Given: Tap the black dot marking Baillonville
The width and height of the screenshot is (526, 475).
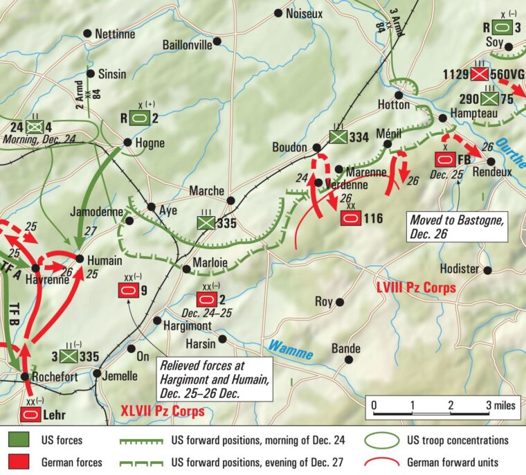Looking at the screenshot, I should tap(217, 42).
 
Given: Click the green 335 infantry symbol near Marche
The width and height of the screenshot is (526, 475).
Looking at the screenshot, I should tap(205, 223).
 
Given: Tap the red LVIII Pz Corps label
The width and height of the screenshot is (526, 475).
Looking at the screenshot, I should tap(415, 287).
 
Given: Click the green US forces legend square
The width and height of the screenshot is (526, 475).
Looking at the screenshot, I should tap(18, 440).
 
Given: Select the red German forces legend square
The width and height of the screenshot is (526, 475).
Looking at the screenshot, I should tap(18, 462).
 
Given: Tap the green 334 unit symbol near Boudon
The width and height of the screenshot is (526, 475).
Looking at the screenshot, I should tap(338, 136).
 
